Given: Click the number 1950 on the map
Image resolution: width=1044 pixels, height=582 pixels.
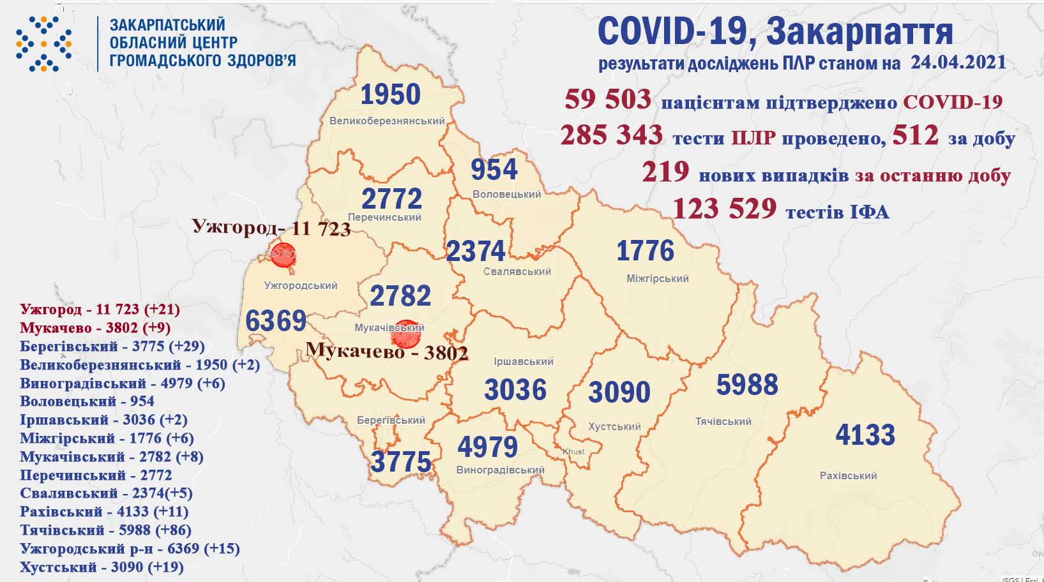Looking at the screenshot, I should [x=390, y=95].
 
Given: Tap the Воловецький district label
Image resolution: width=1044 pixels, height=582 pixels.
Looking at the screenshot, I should [x=506, y=194].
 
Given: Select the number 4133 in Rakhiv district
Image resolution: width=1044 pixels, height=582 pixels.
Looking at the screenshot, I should [x=865, y=435].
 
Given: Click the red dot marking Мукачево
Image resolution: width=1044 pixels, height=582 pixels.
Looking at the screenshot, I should [x=405, y=334].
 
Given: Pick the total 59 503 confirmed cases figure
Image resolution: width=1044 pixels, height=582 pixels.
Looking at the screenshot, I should [x=607, y=100].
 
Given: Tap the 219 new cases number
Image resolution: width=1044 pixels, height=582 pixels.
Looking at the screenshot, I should [x=665, y=172].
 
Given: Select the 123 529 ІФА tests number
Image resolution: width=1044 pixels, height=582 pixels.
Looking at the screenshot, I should [x=724, y=209].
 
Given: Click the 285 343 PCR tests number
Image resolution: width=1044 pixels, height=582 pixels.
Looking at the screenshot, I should [x=611, y=136].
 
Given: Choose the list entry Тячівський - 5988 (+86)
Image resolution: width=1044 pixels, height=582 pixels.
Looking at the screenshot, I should [x=105, y=530].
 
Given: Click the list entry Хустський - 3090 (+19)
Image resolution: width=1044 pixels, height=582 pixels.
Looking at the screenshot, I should [x=102, y=567].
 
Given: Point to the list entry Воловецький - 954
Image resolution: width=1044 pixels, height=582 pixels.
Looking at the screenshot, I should [x=87, y=401].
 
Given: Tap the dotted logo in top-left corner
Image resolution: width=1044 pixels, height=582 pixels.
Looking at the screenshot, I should [x=43, y=43].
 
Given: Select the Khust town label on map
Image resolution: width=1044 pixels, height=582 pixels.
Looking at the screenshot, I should [x=573, y=451].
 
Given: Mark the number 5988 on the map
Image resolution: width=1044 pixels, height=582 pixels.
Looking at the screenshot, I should [x=746, y=385].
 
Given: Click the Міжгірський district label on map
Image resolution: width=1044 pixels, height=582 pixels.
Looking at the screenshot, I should [x=657, y=278].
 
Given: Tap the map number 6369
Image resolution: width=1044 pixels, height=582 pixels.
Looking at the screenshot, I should [x=276, y=320].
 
